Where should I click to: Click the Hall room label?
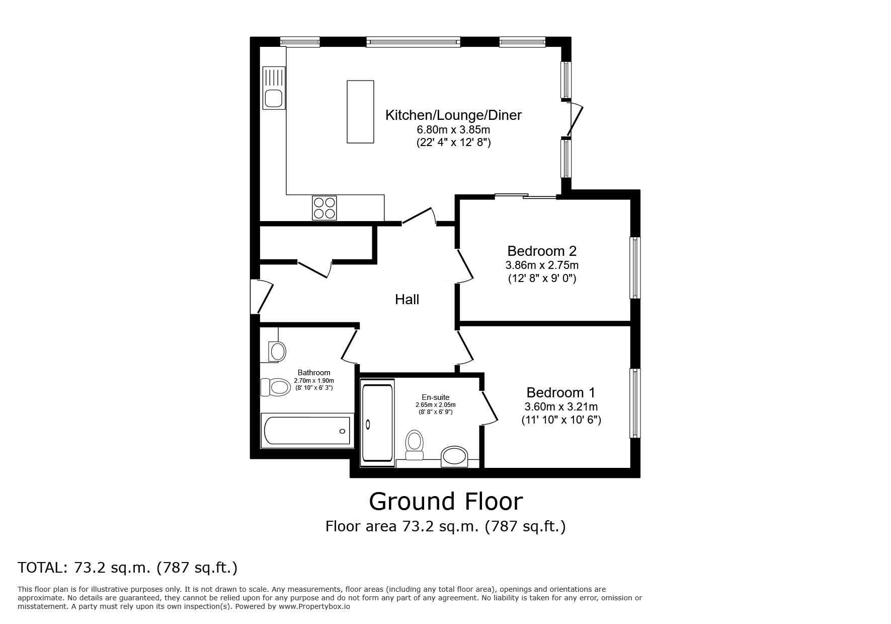coord(407,300)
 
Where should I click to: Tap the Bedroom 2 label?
coord(542,251)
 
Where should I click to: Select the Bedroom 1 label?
coord(561,392)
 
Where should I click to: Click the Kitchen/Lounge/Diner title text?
coord(453,115)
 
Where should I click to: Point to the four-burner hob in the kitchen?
coord(325,208)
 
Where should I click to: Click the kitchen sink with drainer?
coord(274,88)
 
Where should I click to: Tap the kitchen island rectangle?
coord(360,111)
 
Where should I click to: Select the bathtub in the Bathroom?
coord(307,431)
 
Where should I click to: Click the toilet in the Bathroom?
coord(275,387)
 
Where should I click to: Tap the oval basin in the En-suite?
coord(454,456)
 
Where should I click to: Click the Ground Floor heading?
coord(446,501)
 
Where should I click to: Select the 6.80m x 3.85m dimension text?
coord(453,130)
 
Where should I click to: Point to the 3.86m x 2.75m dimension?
coord(542,265)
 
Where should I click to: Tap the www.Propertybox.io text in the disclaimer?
coord(314,607)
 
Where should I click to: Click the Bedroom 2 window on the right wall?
coord(635,267)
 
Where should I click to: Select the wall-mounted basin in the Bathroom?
coord(276,351)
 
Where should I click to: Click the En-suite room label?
coord(436,397)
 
